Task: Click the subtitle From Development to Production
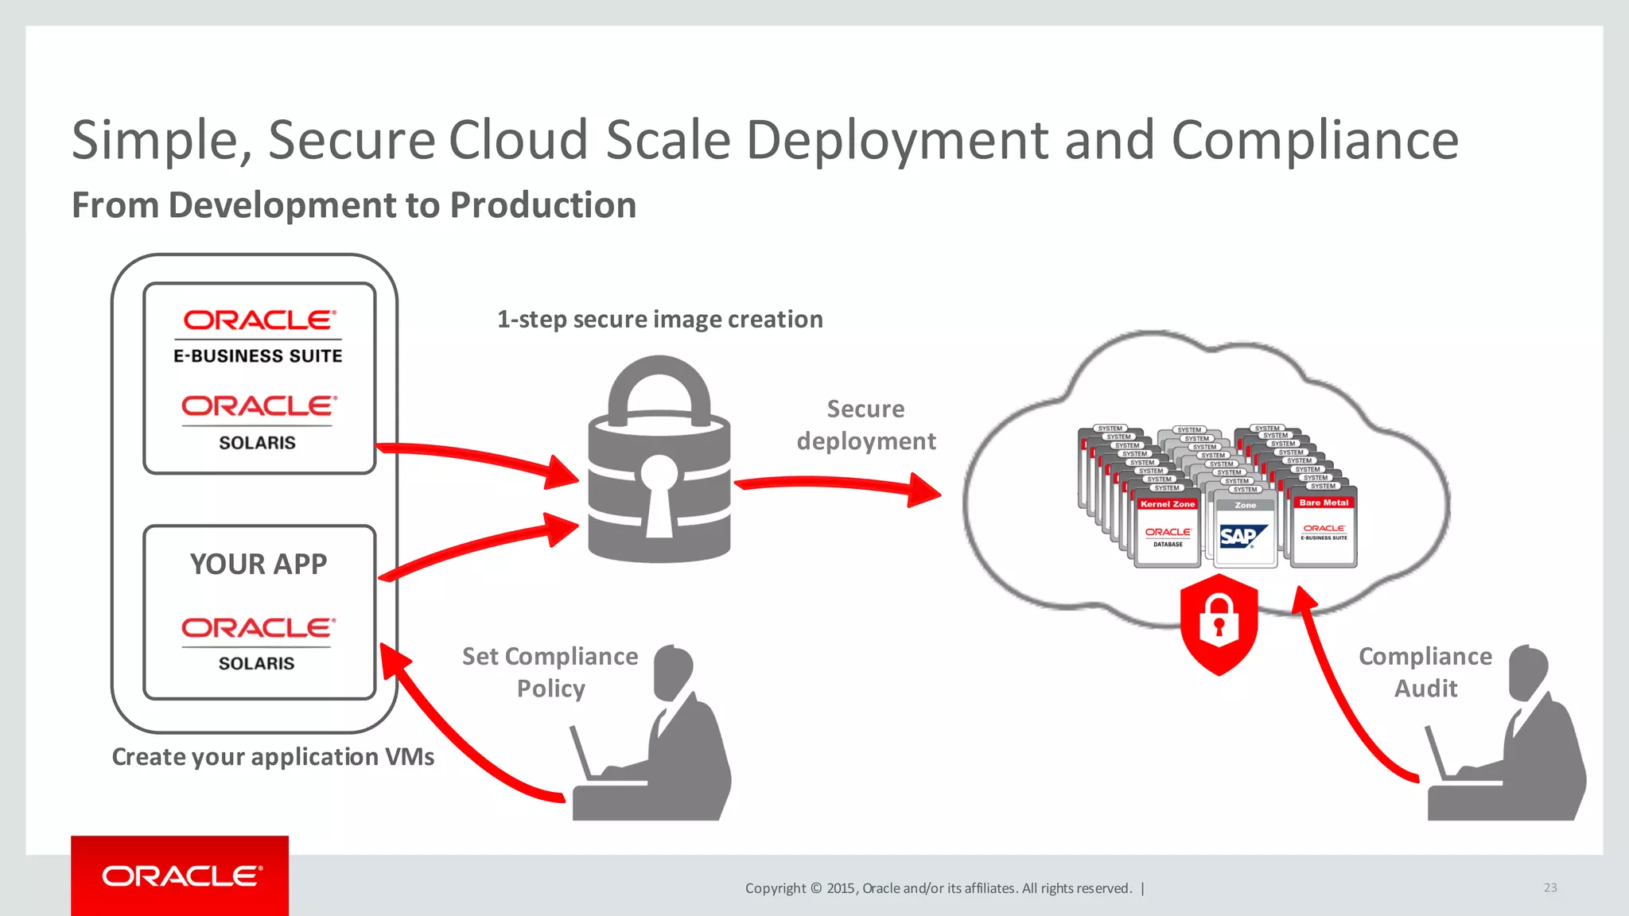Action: [x=354, y=205]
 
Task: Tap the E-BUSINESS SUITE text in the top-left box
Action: [x=258, y=356]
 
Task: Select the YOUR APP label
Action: [x=259, y=564]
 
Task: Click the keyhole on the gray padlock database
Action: [x=659, y=493]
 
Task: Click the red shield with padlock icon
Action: [x=1219, y=624]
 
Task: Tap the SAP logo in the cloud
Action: [x=1242, y=537]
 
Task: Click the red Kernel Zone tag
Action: [x=1167, y=504]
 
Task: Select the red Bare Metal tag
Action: [x=1324, y=503]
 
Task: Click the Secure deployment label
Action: [x=866, y=425]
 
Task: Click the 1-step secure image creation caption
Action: [x=659, y=320]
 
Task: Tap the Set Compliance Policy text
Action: [x=550, y=672]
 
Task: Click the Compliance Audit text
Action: [x=1425, y=672]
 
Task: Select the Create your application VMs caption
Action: [x=273, y=757]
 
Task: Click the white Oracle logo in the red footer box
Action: [x=181, y=876]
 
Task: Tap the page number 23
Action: [x=1550, y=887]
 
